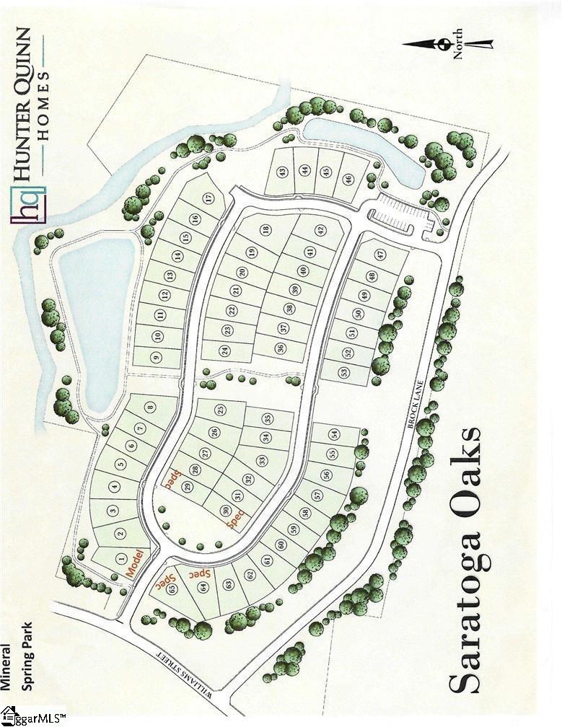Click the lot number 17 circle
[x=208, y=198]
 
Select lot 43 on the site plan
[x=282, y=172]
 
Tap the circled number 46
[x=348, y=179]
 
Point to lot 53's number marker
[x=344, y=372]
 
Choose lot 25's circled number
[x=220, y=409]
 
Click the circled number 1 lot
[x=120, y=557]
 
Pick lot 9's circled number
[x=155, y=356]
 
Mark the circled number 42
[x=320, y=231]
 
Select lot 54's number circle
[x=333, y=434]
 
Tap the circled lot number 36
[x=281, y=348]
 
